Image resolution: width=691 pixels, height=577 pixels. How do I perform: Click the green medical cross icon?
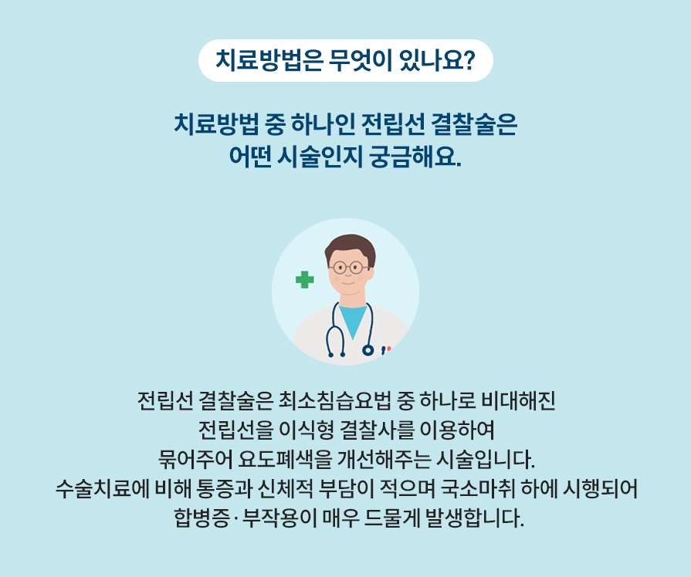tap(305, 279)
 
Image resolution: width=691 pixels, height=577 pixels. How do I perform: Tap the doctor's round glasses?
tap(347, 268)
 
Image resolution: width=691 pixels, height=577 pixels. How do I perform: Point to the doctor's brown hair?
tap(349, 246)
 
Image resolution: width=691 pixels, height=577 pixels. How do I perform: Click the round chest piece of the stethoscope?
tap(368, 350)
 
